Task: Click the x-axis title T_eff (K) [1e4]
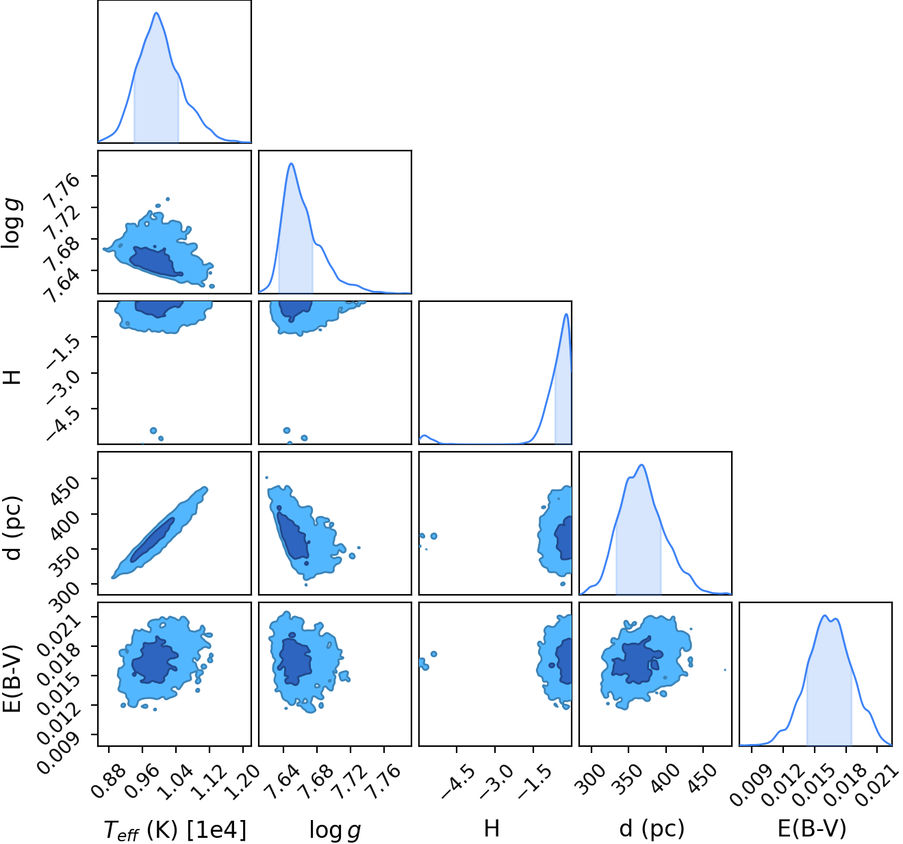(x=175, y=829)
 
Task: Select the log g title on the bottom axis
(x=335, y=830)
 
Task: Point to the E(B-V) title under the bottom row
(x=812, y=828)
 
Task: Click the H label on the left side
(x=12, y=377)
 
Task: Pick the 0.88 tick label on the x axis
(x=107, y=780)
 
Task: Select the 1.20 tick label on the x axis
(x=242, y=780)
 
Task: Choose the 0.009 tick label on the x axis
(x=749, y=784)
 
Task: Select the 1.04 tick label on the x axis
(x=175, y=780)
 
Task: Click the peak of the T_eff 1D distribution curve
(x=156, y=13)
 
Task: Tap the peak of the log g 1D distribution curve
(x=291, y=164)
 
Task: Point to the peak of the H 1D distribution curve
(x=566, y=314)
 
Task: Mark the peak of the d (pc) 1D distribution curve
(x=641, y=465)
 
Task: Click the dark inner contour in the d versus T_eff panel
(x=153, y=540)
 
